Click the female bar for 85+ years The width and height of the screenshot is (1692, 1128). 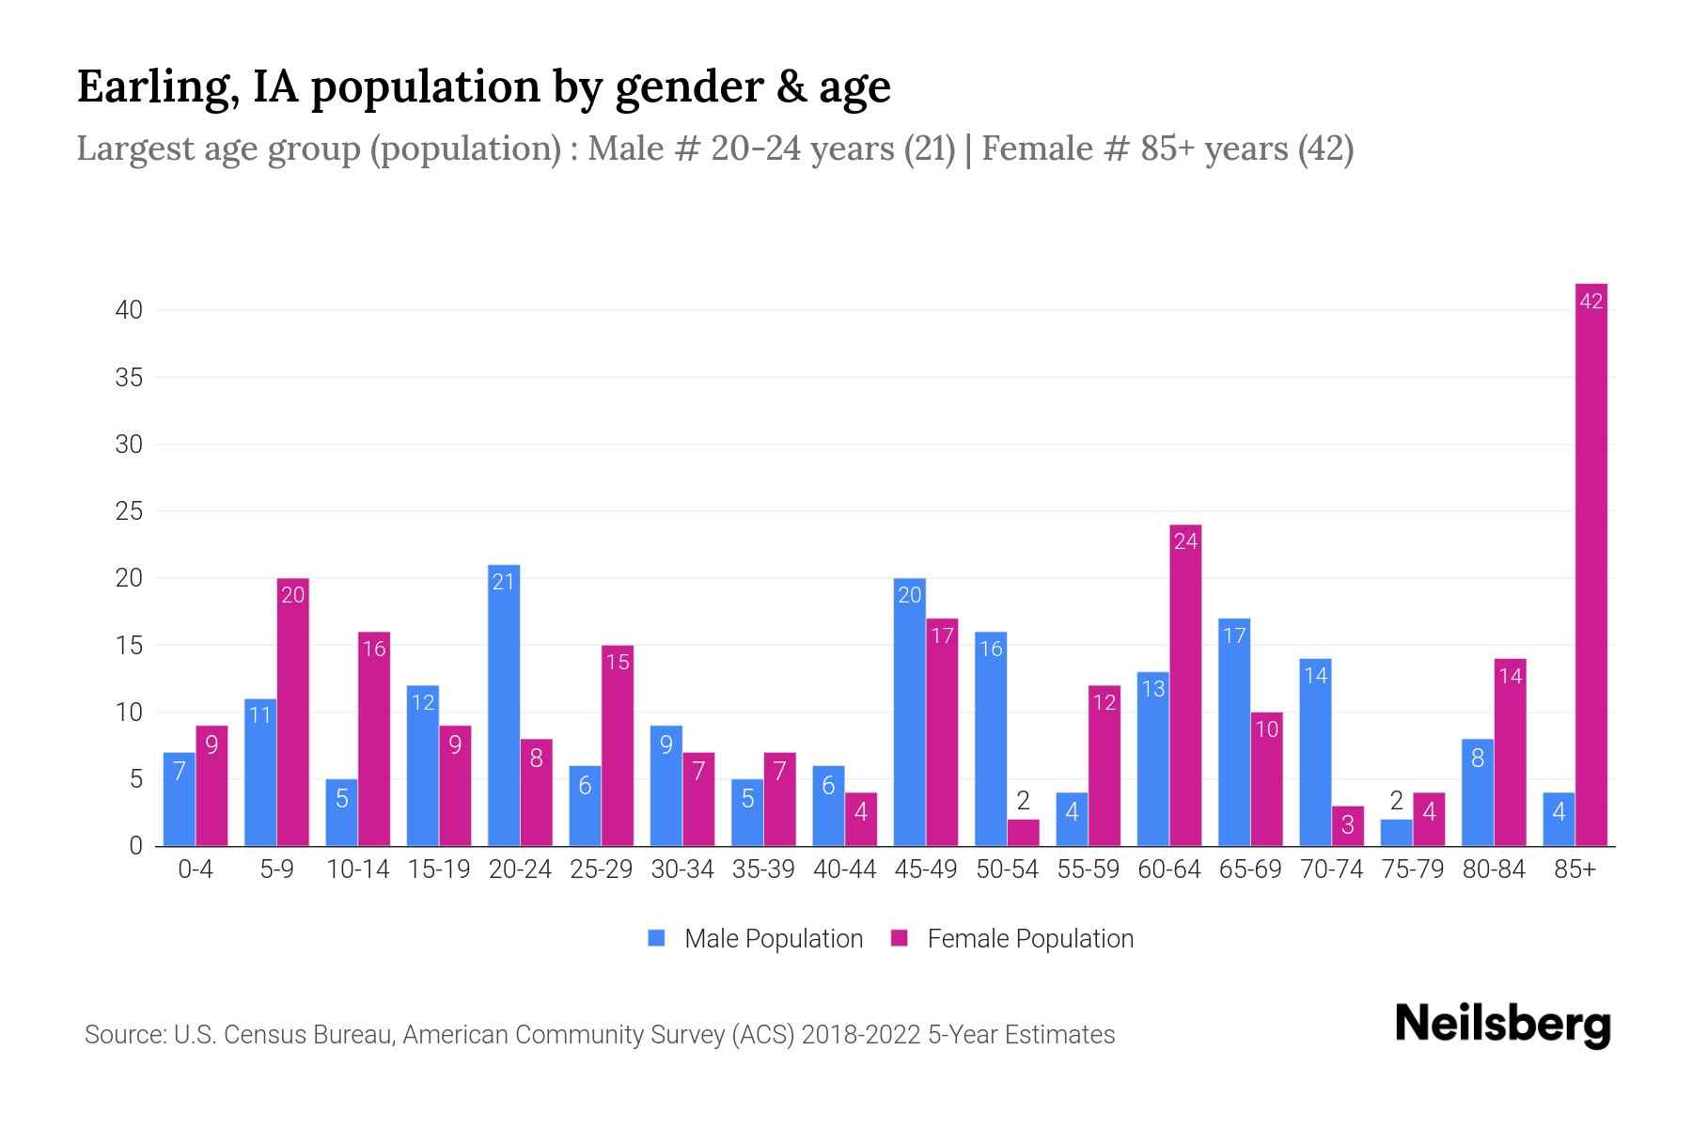tap(1590, 564)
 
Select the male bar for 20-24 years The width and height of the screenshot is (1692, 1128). tap(504, 705)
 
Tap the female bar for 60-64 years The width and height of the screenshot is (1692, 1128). tap(1185, 685)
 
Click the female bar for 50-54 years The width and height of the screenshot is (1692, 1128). tap(1023, 833)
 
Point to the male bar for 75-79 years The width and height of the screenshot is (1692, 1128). tap(1396, 833)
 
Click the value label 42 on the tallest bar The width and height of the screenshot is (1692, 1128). tap(1590, 302)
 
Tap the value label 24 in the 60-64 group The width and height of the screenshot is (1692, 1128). tap(1185, 542)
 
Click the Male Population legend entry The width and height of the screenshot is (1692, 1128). tap(755, 939)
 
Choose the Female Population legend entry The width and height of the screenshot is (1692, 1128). tap(1012, 939)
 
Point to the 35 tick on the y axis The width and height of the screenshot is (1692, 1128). tap(129, 378)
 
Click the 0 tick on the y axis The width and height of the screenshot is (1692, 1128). tap(135, 846)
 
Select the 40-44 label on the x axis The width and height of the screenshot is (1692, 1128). tap(844, 869)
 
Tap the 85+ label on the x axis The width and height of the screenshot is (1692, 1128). tap(1574, 869)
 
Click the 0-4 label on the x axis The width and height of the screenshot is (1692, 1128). tap(196, 869)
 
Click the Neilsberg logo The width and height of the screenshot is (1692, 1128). tap(1502, 1025)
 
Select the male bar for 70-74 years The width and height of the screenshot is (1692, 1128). tap(1315, 752)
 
